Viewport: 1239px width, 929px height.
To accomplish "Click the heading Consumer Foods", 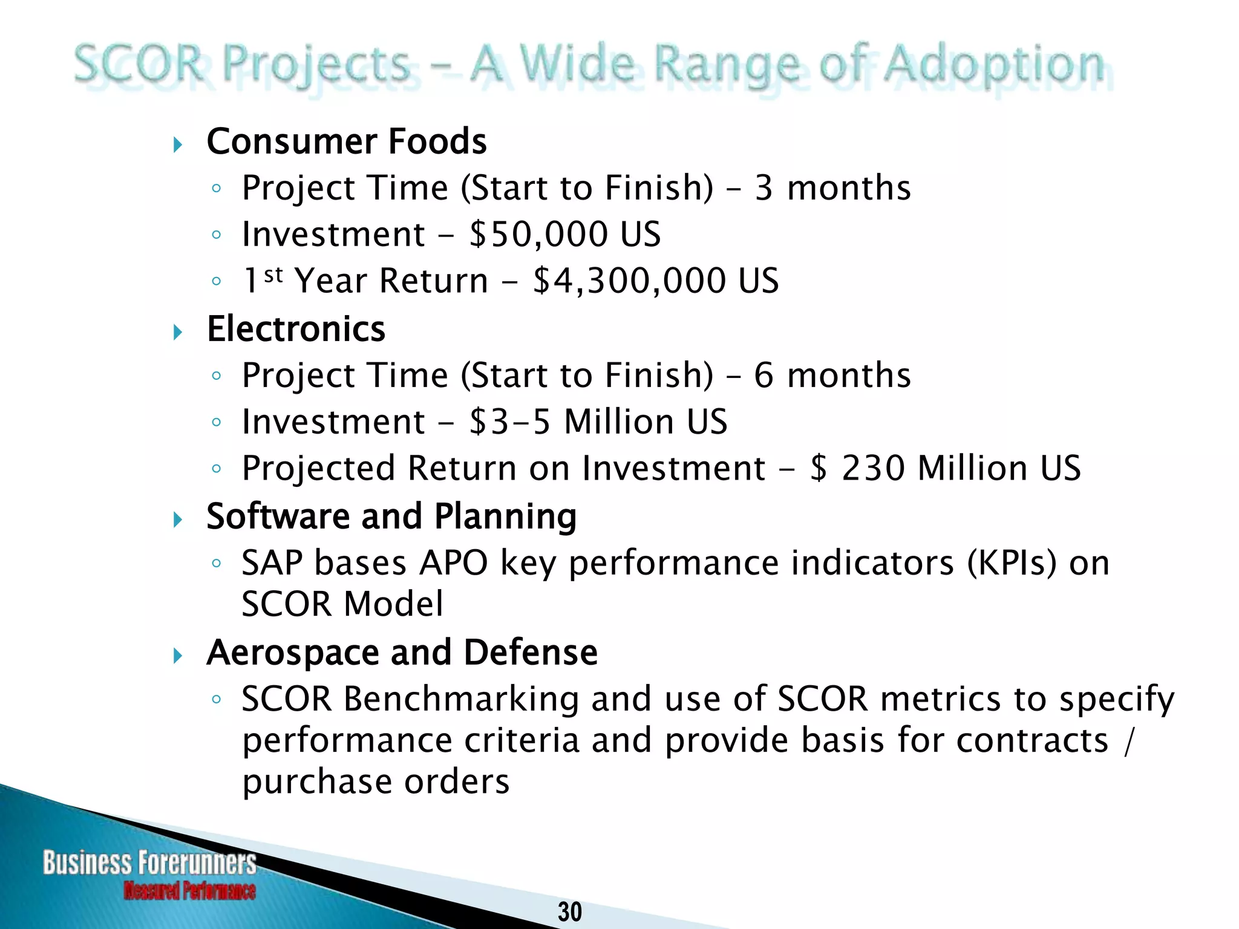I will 347,142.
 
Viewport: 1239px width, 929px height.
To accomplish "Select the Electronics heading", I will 296,329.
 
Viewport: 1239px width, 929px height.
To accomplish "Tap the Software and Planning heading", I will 391,517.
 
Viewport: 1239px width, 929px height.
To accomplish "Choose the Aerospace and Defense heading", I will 402,653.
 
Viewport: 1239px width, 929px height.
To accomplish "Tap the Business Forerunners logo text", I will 149,862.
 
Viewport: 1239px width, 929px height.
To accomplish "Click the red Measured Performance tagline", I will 189,891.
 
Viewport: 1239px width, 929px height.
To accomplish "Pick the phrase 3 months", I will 832,187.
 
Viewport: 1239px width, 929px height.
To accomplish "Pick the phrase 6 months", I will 832,375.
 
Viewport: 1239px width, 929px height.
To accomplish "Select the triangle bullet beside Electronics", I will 177,332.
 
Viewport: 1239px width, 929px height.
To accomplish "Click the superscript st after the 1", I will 273,275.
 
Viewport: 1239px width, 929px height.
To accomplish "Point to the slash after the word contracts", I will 1127,742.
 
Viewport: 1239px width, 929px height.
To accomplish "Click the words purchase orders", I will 376,781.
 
